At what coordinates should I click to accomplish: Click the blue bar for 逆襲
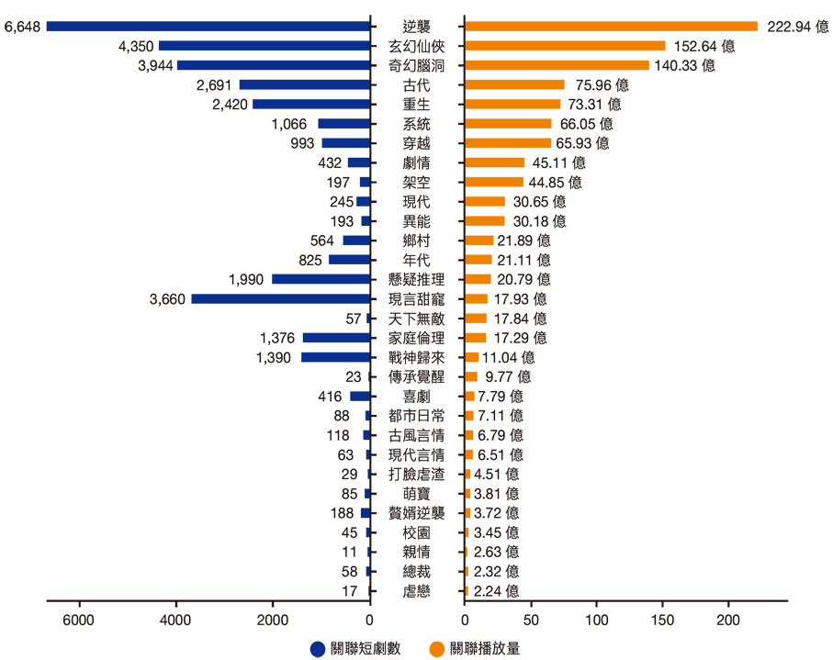pyautogui.click(x=208, y=26)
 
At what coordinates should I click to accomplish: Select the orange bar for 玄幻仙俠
pyautogui.click(x=565, y=45)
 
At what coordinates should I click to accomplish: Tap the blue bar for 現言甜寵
pyautogui.click(x=280, y=298)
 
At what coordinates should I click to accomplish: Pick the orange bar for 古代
pyautogui.click(x=514, y=84)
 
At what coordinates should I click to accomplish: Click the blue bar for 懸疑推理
pyautogui.click(x=321, y=279)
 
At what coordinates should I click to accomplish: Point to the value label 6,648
pyautogui.click(x=22, y=26)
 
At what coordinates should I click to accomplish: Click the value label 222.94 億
pyautogui.click(x=796, y=26)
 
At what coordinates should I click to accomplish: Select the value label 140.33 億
pyautogui.click(x=684, y=65)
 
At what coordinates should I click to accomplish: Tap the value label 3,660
pyautogui.click(x=166, y=298)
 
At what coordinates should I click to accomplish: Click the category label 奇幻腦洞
pyautogui.click(x=415, y=65)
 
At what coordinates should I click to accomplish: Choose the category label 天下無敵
pyautogui.click(x=415, y=319)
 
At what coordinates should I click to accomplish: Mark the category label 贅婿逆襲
pyautogui.click(x=415, y=513)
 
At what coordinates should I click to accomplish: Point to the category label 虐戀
pyautogui.click(x=415, y=591)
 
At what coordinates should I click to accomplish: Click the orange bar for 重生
pyautogui.click(x=512, y=104)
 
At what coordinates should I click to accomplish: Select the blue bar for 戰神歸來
pyautogui.click(x=335, y=357)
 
